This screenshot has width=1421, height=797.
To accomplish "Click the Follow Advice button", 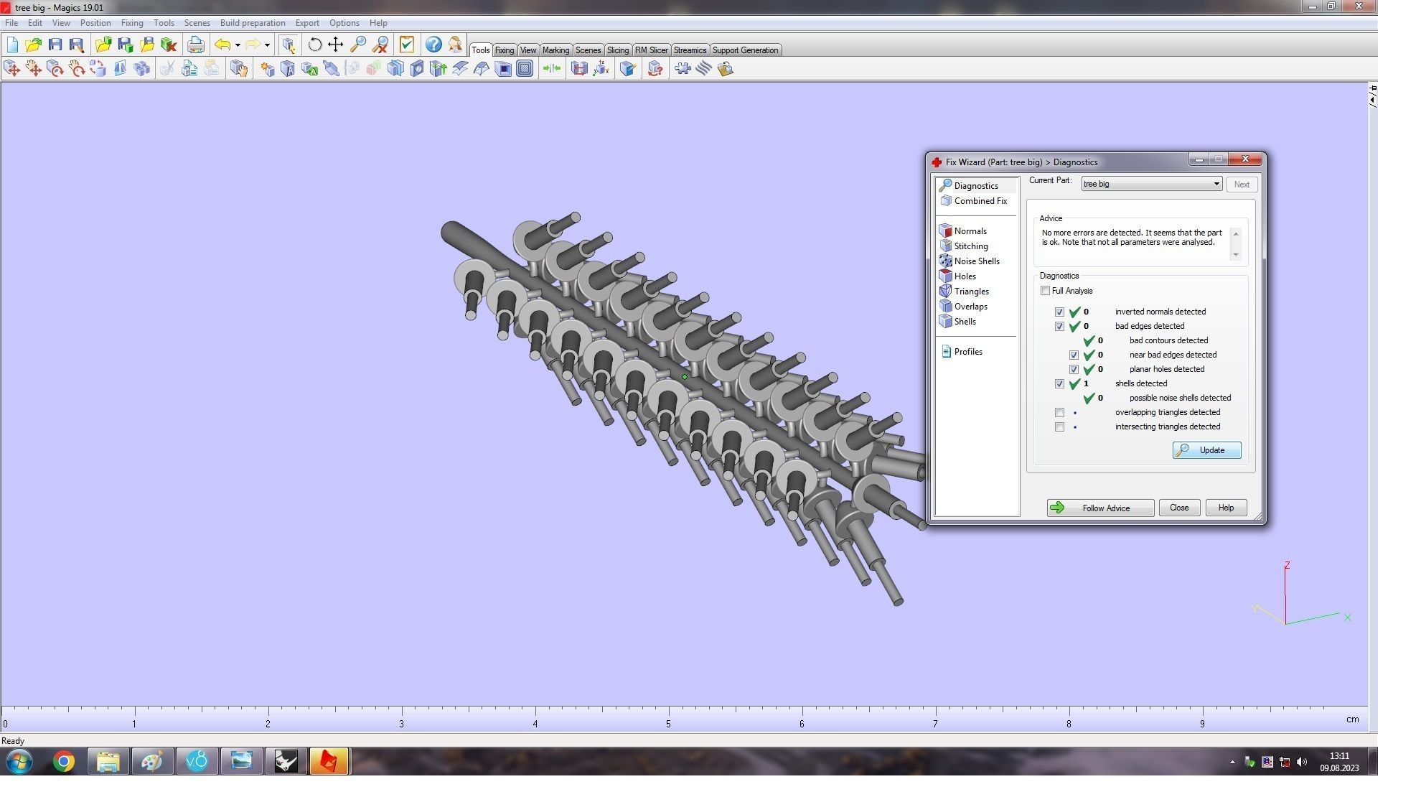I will (x=1099, y=508).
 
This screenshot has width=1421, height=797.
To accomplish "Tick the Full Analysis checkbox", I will (x=1045, y=291).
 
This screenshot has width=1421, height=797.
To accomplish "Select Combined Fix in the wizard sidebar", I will (x=980, y=201).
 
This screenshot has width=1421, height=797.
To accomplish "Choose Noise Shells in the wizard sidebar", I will (x=976, y=261).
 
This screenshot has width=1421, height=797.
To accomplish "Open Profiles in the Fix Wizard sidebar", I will (x=967, y=352).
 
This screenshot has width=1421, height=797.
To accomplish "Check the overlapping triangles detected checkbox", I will (x=1059, y=413).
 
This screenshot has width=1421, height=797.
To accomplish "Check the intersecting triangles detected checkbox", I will (x=1059, y=427).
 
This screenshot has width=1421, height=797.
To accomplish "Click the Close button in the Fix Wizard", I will (x=1178, y=508).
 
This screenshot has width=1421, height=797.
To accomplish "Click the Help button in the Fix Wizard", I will (x=1225, y=508).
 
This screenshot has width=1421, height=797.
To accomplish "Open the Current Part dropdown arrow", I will (x=1216, y=185).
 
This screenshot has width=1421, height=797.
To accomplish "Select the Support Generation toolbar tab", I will (x=744, y=50).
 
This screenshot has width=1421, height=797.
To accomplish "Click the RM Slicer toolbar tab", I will (x=651, y=50).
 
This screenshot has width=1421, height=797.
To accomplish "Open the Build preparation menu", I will (x=252, y=23).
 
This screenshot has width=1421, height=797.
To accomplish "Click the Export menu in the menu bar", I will (x=306, y=23).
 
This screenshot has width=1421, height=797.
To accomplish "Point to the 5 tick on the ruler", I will (x=668, y=723).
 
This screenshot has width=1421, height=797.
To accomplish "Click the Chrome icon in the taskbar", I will (x=63, y=761).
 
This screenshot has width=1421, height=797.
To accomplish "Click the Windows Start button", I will (x=19, y=761).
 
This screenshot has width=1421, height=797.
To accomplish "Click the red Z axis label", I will (x=1287, y=566).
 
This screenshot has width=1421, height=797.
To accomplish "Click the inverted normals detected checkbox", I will (x=1059, y=312).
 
